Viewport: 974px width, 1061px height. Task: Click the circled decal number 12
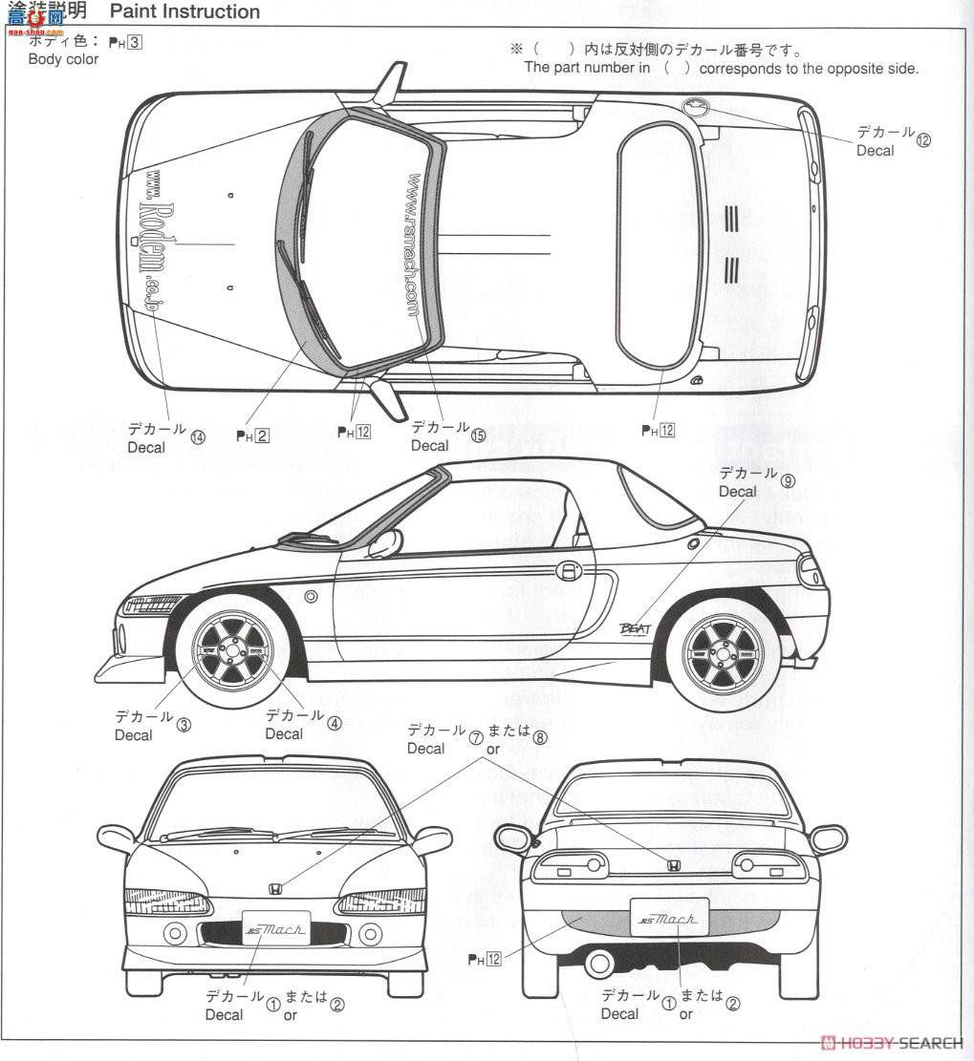click(x=922, y=139)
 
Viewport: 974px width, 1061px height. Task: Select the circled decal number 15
click(x=478, y=435)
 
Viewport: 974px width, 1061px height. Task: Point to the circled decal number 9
click(x=788, y=481)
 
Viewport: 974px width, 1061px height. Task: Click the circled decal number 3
click(x=184, y=724)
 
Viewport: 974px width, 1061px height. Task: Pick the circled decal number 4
click(x=334, y=723)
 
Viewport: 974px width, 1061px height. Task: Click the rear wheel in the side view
click(x=723, y=652)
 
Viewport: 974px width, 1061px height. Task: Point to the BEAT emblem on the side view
click(x=639, y=628)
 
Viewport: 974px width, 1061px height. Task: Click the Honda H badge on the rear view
click(x=672, y=866)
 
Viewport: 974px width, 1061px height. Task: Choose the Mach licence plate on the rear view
click(x=669, y=920)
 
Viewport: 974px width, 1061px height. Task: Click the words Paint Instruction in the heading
click(x=185, y=11)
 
